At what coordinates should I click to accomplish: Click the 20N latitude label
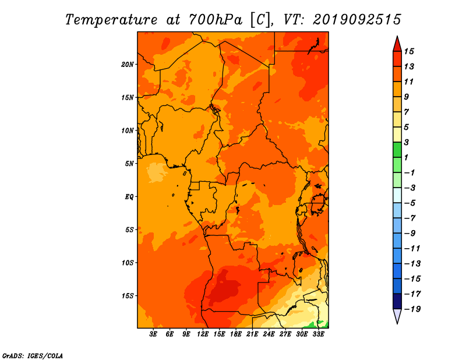pos(127,64)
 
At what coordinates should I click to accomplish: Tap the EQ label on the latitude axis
pos(129,196)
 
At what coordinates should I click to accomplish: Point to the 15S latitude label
pos(127,296)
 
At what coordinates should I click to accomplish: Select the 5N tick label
pos(129,164)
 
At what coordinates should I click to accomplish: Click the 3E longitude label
pos(153,334)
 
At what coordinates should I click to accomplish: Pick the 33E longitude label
pos(318,334)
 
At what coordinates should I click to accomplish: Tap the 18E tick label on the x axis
pos(236,334)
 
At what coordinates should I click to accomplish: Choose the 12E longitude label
pos(203,334)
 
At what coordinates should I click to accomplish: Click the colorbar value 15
pos(409,51)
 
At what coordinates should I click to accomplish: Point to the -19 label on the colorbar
pos(412,309)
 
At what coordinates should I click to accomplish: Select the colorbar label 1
pos(406,157)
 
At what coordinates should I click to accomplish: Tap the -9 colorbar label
pos(409,234)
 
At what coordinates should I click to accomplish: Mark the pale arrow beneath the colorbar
pos(397,315)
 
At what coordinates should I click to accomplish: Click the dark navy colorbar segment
pos(397,301)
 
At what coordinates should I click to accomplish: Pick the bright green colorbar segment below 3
pos(397,150)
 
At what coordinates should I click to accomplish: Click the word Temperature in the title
pos(111,20)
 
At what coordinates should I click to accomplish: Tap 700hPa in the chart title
pos(216,20)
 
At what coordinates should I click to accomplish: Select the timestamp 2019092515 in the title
pos(357,20)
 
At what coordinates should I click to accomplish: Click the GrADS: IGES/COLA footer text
pos(33,355)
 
